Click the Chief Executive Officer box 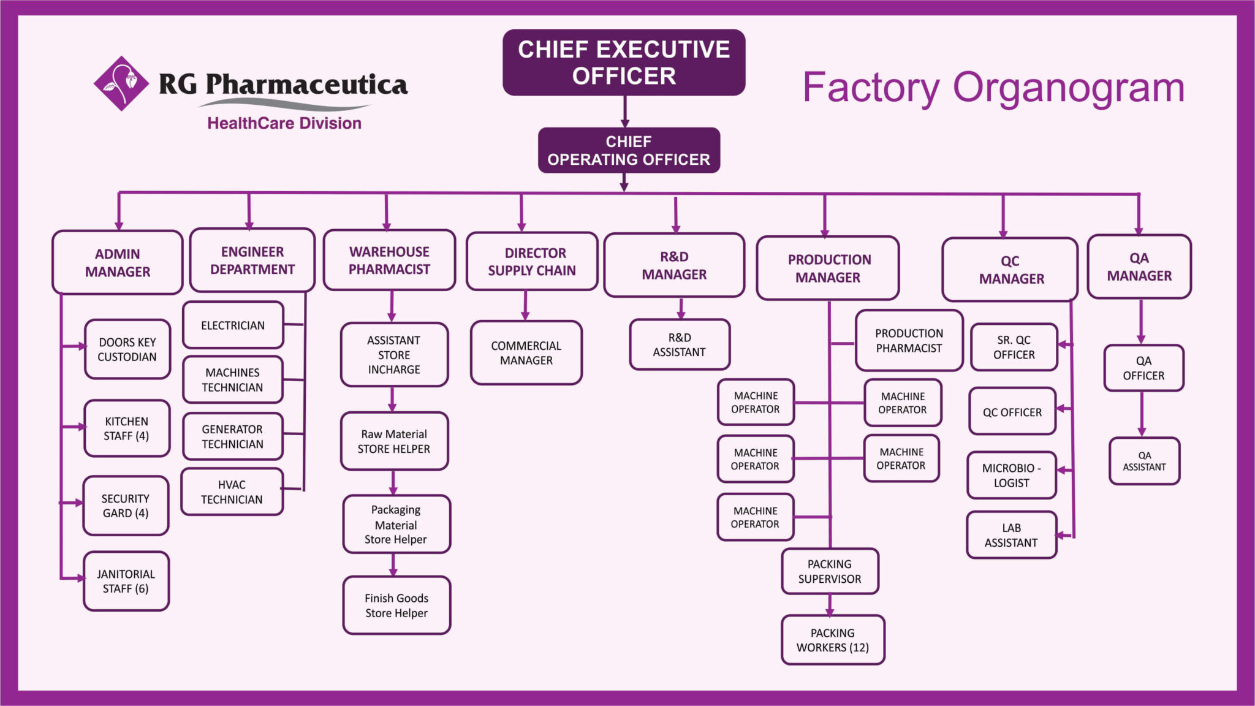tap(624, 63)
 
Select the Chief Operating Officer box tap(629, 150)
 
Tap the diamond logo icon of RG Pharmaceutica tap(121, 83)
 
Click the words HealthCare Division tap(284, 123)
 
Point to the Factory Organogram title tap(993, 88)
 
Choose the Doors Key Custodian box tap(127, 349)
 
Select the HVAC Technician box tap(232, 492)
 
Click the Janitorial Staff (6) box tap(126, 581)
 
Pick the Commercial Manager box tap(526, 353)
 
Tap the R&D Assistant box tap(680, 344)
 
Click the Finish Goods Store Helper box tap(396, 605)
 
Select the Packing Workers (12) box tap(833, 640)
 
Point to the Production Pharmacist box tap(909, 341)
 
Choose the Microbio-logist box tap(1012, 475)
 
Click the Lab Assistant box tap(1012, 535)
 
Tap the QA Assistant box tap(1144, 461)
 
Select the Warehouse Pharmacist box tap(389, 260)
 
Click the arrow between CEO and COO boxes tap(624, 112)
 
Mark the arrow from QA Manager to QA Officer tap(1140, 322)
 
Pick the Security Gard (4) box tap(126, 506)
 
